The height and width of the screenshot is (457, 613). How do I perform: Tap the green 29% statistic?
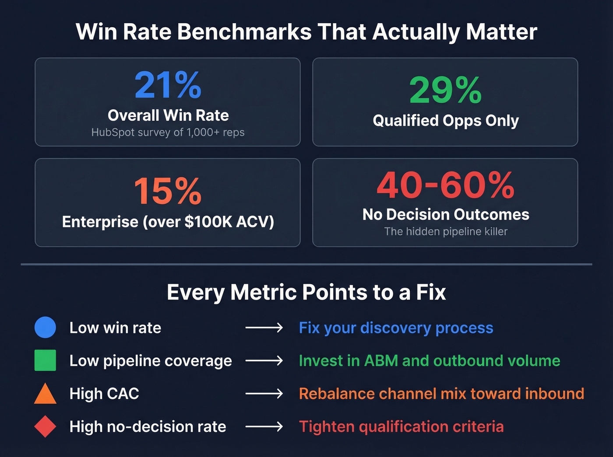(x=445, y=90)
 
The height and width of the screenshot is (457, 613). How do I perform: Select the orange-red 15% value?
(x=168, y=191)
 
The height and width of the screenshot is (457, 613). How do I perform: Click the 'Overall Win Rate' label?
(x=168, y=115)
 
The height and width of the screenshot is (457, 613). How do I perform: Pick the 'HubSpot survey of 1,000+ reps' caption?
(x=168, y=133)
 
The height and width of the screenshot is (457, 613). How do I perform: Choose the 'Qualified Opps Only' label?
(x=446, y=121)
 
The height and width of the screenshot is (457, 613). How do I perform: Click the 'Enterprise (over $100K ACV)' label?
(x=168, y=222)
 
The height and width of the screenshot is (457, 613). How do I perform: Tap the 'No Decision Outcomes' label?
(x=446, y=215)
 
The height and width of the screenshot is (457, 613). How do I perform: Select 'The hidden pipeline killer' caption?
(x=446, y=232)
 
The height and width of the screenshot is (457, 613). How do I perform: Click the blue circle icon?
(x=45, y=328)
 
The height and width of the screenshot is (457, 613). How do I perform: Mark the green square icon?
(x=45, y=360)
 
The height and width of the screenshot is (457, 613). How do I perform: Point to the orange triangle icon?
(x=45, y=394)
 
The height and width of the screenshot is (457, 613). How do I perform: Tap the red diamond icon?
(x=45, y=427)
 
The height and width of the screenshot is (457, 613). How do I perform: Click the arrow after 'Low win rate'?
(x=264, y=328)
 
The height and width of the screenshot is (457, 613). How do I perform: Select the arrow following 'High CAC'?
(x=264, y=394)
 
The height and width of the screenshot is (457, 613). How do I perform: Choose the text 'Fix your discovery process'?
(x=396, y=328)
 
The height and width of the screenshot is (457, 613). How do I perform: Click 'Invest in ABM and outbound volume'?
(x=429, y=361)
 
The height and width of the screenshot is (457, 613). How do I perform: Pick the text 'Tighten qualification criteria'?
(x=401, y=427)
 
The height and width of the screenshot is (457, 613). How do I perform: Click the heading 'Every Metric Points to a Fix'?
(x=306, y=292)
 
